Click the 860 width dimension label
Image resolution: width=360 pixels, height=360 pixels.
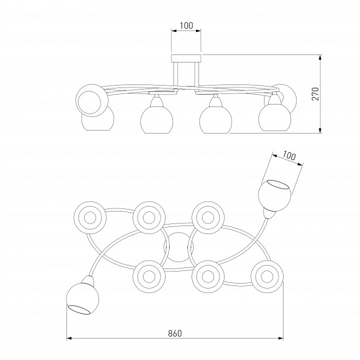[x=174, y=333]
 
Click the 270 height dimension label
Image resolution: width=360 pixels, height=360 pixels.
[x=315, y=93]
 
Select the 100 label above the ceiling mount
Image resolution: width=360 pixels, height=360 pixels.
[x=186, y=25]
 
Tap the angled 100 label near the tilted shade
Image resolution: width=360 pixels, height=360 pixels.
[x=288, y=155]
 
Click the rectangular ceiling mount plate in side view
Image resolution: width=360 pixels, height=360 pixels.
[x=186, y=58]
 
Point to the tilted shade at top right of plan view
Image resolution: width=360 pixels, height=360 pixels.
[x=274, y=195]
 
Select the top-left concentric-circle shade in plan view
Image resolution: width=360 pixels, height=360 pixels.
[x=90, y=217]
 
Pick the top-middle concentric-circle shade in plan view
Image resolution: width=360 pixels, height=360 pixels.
[x=149, y=217]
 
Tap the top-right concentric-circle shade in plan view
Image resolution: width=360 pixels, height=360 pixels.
[x=208, y=217]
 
